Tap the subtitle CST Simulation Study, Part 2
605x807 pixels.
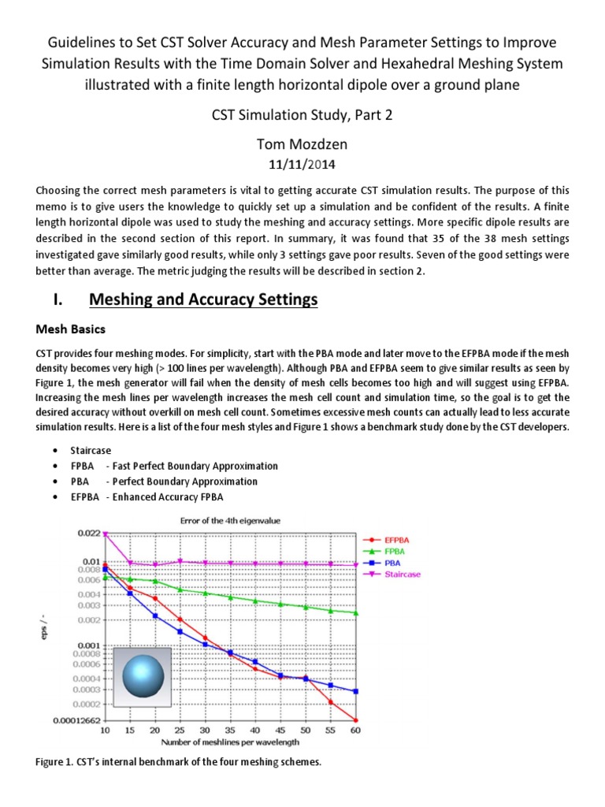(302, 116)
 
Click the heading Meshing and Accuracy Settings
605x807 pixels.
(203, 299)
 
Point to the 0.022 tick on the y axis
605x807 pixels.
(89, 534)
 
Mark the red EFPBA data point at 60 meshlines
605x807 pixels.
(356, 720)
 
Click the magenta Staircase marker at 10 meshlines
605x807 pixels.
(106, 534)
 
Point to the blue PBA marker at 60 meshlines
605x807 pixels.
(356, 691)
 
